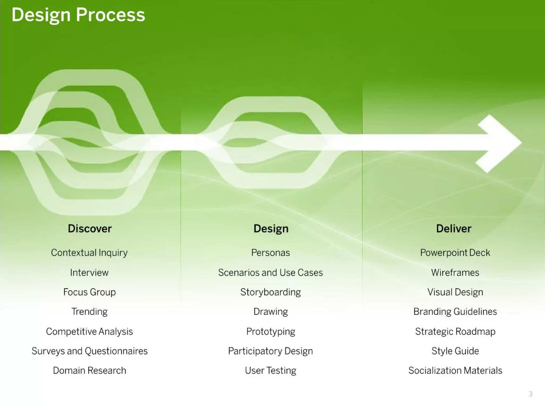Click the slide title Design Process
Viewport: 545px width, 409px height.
pos(78,15)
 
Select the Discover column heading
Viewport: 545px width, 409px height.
pos(90,229)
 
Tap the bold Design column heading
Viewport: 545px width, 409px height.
pos(271,229)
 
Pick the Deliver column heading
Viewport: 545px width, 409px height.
pos(453,229)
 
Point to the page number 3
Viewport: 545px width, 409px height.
pos(530,394)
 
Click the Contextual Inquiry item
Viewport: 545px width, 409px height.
pos(89,253)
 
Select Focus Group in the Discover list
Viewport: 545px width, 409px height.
pos(89,292)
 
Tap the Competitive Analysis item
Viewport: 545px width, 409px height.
pos(89,332)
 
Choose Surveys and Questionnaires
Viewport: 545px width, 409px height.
pos(89,351)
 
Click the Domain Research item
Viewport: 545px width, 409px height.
pos(89,370)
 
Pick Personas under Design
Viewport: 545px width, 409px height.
pos(270,253)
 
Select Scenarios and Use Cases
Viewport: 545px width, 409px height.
pos(270,273)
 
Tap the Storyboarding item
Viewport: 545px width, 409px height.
pos(270,292)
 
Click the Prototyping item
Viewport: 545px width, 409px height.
pos(270,332)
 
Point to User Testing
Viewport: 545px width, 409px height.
pos(270,370)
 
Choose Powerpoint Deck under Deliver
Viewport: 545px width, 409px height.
pos(455,253)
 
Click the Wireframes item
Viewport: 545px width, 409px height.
pos(455,273)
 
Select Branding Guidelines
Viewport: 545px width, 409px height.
pos(455,312)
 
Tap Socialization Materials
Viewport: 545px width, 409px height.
pos(455,370)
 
